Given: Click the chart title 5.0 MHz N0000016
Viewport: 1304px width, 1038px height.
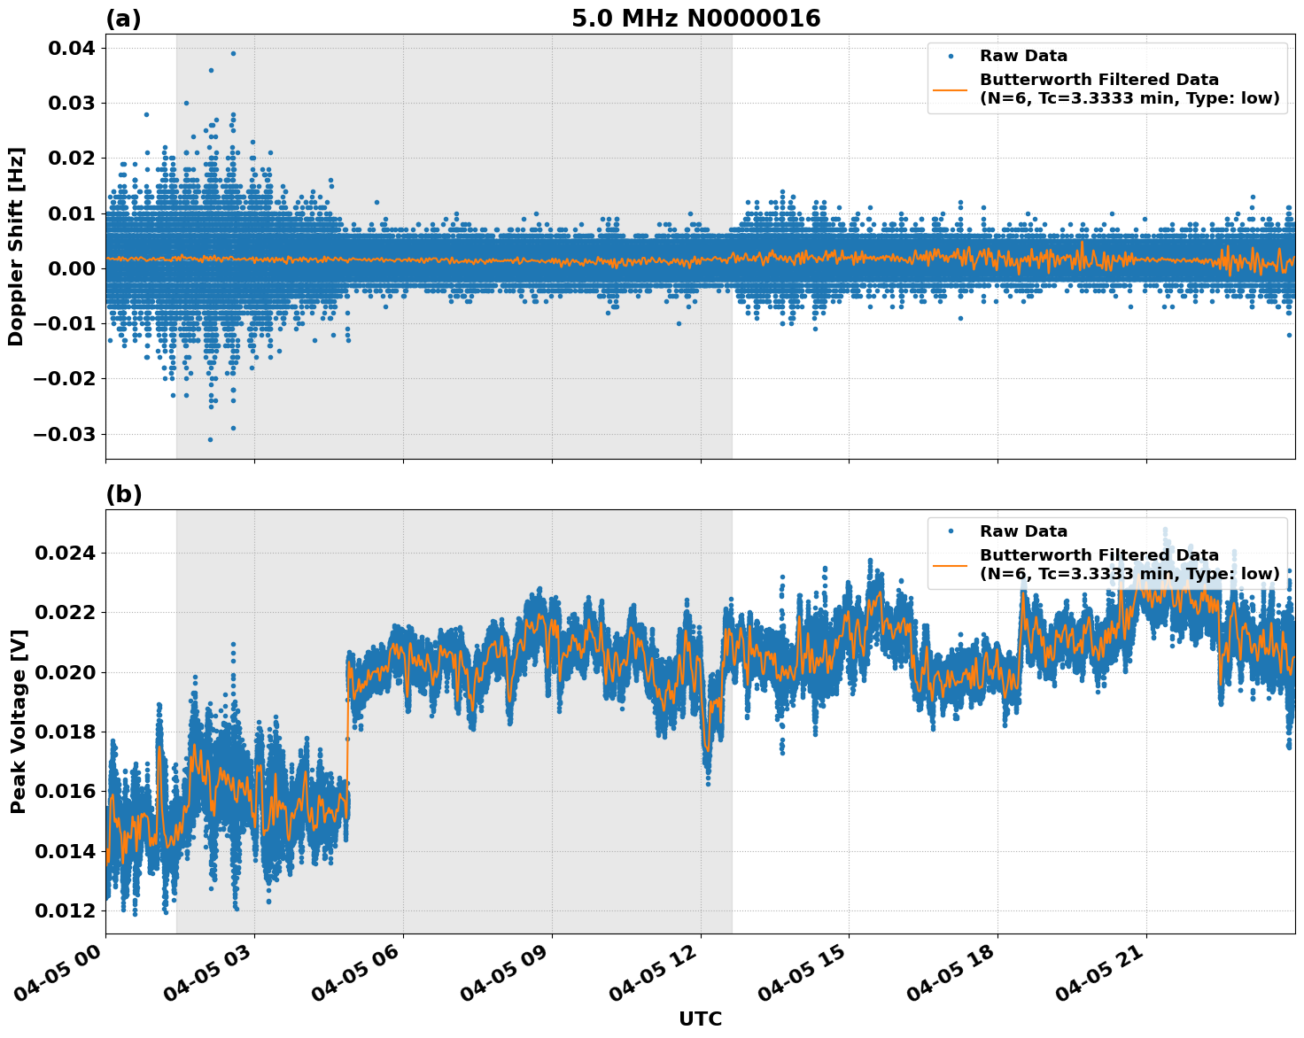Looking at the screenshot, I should pyautogui.click(x=695, y=19).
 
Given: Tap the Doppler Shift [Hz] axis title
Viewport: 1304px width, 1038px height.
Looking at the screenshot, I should pyautogui.click(x=16, y=246).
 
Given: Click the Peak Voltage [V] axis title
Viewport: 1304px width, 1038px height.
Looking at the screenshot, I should pyautogui.click(x=18, y=721).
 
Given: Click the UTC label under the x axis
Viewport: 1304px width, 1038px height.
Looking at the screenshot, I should pyautogui.click(x=700, y=1019).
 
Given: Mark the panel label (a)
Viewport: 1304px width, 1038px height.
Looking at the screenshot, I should pyautogui.click(x=123, y=19).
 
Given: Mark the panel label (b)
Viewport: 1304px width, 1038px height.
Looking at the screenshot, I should pyautogui.click(x=123, y=494).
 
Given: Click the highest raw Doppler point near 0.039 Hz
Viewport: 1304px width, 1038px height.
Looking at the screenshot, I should pyautogui.click(x=233, y=53).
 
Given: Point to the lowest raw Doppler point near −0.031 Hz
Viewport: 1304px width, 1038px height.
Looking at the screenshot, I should pyautogui.click(x=210, y=439).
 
